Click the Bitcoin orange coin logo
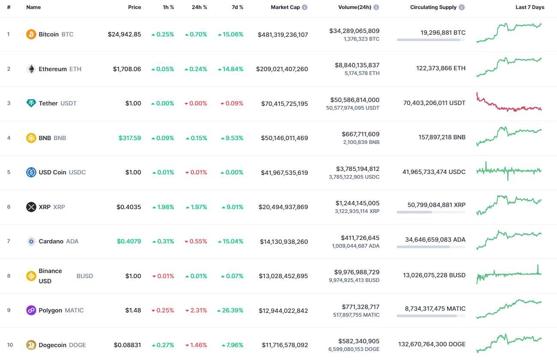pos(31,34)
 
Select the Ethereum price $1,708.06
pos(127,69)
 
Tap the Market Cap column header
pos(285,7)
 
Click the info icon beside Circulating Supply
pos(461,7)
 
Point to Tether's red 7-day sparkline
pos(509,103)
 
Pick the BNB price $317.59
pos(130,138)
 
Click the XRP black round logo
pos(31,207)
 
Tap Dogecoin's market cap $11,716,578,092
pos(285,345)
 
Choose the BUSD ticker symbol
pos(84,276)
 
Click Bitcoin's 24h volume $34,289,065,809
pos(354,31)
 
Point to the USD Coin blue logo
pos(31,172)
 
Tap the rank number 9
pos(9,310)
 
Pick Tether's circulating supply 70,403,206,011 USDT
pos(434,103)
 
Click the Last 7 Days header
pos(530,7)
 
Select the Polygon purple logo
pos(31,310)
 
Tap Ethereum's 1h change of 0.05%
pos(163,69)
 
